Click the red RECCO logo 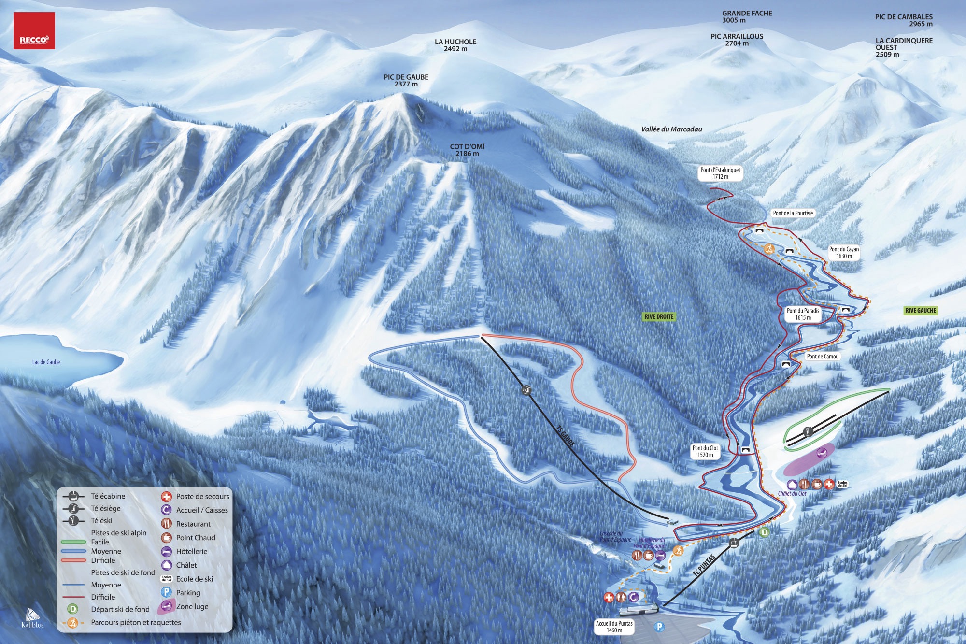[34, 31]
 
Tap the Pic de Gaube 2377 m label [406, 80]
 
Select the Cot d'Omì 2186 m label [467, 150]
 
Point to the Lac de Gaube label [46, 362]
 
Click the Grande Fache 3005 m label [747, 16]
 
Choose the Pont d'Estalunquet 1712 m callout [720, 173]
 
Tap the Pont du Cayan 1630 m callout [844, 252]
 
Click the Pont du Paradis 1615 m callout [803, 314]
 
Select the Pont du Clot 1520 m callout [705, 451]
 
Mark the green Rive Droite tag [659, 317]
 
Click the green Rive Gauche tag [921, 311]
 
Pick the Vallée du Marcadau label [671, 129]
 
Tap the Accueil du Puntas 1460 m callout [614, 627]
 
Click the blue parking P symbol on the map [659, 627]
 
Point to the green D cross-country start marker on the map [764, 532]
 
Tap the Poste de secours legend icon [166, 497]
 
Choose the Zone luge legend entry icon [166, 606]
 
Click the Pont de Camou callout [823, 356]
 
